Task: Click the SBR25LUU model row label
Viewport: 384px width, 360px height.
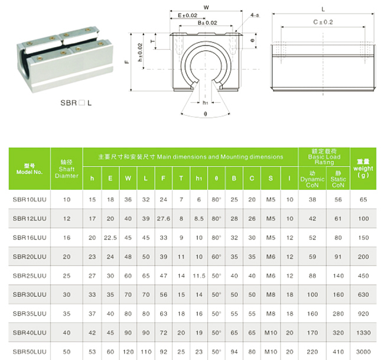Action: coord(30,275)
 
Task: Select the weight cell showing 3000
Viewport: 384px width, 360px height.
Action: coord(363,352)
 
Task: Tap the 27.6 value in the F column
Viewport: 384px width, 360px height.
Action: coord(163,219)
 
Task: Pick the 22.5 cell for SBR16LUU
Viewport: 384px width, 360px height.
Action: coord(110,238)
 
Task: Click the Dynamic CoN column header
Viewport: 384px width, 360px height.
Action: coord(313,179)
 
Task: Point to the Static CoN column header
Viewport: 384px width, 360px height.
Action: coord(338,179)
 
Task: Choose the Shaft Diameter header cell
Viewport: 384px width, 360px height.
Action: coord(66,169)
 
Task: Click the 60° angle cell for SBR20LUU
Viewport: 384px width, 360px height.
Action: coord(216,257)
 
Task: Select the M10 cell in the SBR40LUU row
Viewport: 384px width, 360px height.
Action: coord(271,333)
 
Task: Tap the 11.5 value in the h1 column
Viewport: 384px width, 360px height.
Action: coord(199,276)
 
